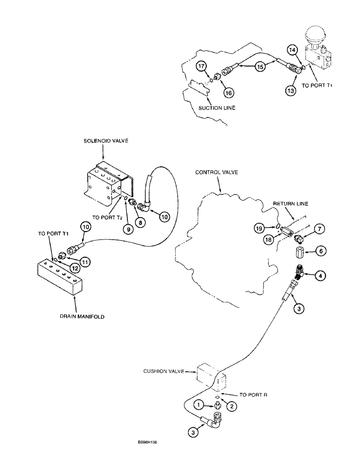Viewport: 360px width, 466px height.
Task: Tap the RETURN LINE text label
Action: [x=291, y=203]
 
